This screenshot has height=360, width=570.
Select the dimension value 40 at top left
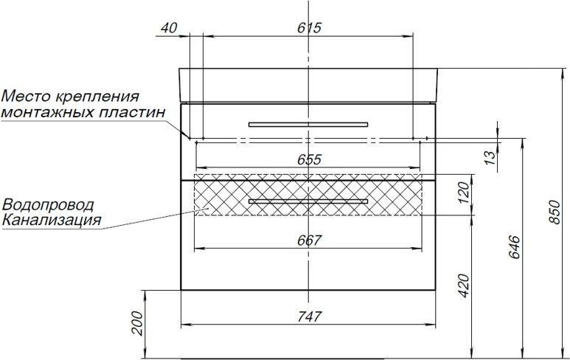(168, 28)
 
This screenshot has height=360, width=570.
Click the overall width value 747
(310, 317)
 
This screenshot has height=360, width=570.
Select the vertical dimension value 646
(515, 248)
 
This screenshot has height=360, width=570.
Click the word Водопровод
(49, 204)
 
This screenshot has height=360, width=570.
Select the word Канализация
(52, 219)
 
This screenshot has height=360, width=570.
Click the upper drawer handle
(308, 124)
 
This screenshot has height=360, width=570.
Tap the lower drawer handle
(308, 201)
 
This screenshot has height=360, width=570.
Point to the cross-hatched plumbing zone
(221, 195)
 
